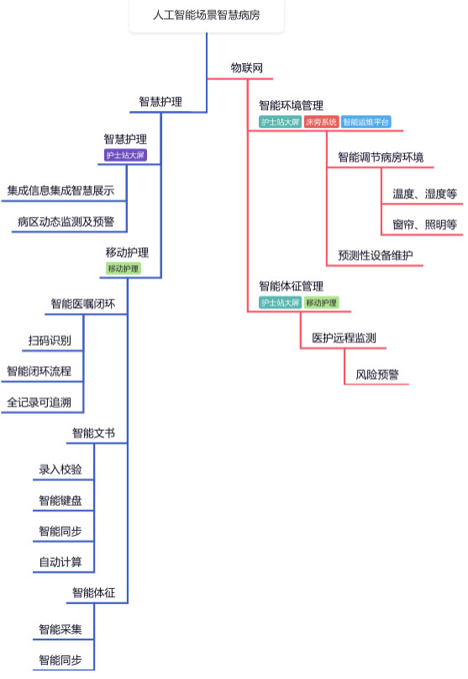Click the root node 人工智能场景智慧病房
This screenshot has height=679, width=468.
(207, 15)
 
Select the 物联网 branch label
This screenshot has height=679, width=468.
(246, 68)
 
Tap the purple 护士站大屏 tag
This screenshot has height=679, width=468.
(125, 155)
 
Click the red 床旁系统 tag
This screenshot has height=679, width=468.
(321, 122)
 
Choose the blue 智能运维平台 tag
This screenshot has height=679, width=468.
(366, 122)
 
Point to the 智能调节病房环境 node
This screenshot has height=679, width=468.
(381, 157)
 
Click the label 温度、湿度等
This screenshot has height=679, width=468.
(425, 194)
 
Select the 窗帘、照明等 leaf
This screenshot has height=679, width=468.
(425, 225)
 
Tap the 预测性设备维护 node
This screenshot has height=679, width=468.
(376, 255)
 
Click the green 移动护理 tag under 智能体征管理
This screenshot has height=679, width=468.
(321, 303)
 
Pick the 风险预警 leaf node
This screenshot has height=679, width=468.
(377, 374)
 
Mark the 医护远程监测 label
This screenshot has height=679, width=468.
(344, 337)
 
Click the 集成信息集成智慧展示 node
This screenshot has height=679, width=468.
(60, 190)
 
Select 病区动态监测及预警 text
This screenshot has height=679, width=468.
(66, 222)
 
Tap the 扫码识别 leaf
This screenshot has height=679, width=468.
(50, 341)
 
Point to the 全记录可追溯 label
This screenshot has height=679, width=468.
(39, 402)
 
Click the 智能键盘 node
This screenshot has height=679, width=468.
(60, 501)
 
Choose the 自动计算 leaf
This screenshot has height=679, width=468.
(60, 562)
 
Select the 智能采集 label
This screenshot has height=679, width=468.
(60, 629)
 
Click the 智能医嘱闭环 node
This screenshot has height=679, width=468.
(83, 304)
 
